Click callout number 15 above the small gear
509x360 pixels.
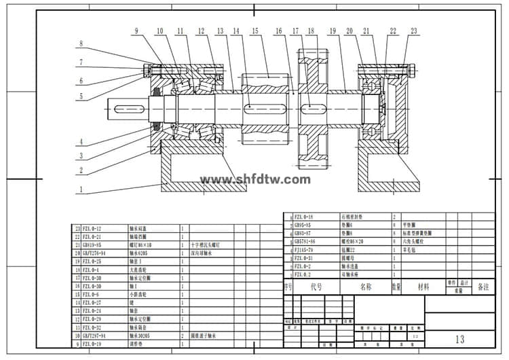(254, 31)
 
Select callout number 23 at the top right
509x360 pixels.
(414, 31)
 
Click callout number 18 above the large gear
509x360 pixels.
(311, 31)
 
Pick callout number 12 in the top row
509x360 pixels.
(201, 31)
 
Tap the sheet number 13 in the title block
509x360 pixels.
(460, 338)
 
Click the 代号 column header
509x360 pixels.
(317, 287)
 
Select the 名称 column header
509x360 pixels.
(366, 287)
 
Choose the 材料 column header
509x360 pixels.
(423, 287)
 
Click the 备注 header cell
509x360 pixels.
(483, 287)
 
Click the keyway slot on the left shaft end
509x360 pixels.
(130, 109)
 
